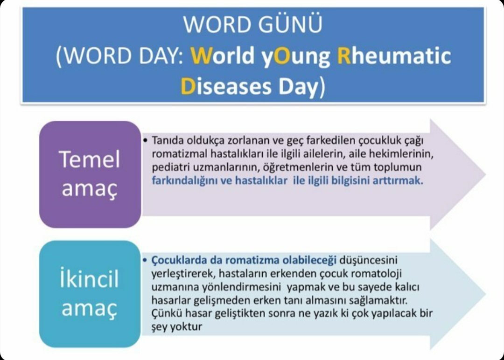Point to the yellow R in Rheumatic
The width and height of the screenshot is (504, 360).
click(x=343, y=55)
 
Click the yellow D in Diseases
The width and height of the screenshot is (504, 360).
click(x=188, y=86)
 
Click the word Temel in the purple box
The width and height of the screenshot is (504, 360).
click(x=89, y=159)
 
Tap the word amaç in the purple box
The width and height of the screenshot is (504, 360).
click(x=89, y=188)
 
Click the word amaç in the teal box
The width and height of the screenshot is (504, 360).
click(x=89, y=308)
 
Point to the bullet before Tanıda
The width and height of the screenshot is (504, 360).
click(x=145, y=140)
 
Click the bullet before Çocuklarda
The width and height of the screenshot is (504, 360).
click(x=145, y=259)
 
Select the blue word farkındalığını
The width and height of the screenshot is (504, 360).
click(x=183, y=181)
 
